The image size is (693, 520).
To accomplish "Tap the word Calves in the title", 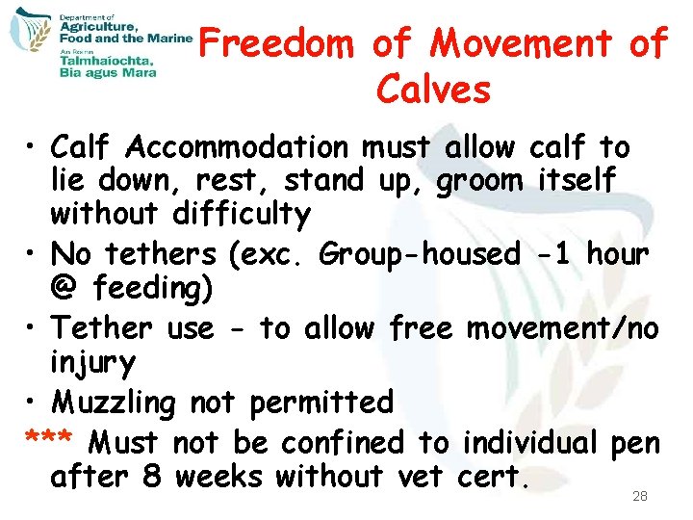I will click(434, 90).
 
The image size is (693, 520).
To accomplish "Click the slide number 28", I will click(640, 497).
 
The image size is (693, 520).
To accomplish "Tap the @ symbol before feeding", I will click(66, 288).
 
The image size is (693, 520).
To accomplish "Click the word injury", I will click(93, 363).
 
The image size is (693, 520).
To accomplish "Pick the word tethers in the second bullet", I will click(163, 254).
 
